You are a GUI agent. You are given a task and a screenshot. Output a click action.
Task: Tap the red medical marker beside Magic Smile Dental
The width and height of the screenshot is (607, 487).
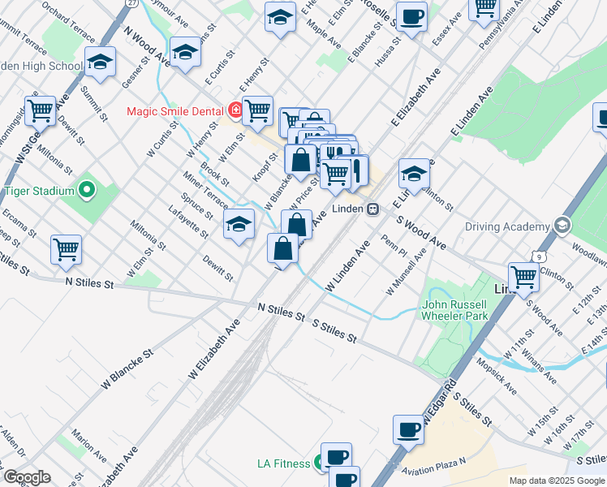tap(235, 110)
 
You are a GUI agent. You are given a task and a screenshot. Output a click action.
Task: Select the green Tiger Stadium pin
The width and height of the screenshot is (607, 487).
tap(88, 191)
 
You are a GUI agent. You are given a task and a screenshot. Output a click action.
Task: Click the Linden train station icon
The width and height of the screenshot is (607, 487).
tap(373, 209)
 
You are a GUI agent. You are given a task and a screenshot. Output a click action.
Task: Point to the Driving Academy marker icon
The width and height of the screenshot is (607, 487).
tap(561, 226)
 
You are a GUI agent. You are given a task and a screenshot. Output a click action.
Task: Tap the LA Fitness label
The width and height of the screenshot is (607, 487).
tap(282, 463)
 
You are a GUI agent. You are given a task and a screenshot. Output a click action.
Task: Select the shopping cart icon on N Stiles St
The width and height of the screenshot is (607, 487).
tap(66, 250)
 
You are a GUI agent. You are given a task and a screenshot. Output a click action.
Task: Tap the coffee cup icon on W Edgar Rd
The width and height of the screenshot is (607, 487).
tap(408, 430)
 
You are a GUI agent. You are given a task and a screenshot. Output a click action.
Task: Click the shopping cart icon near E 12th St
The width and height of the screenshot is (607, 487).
tap(524, 278)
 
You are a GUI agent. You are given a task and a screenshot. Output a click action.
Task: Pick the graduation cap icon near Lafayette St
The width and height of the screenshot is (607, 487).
tap(239, 225)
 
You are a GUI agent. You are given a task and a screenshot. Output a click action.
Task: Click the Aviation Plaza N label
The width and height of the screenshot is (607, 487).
tap(436, 462)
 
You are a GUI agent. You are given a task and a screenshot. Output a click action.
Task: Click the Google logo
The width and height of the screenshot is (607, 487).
tap(26, 477)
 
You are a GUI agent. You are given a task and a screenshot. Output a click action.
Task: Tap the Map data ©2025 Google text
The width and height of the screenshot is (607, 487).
tap(557, 481)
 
